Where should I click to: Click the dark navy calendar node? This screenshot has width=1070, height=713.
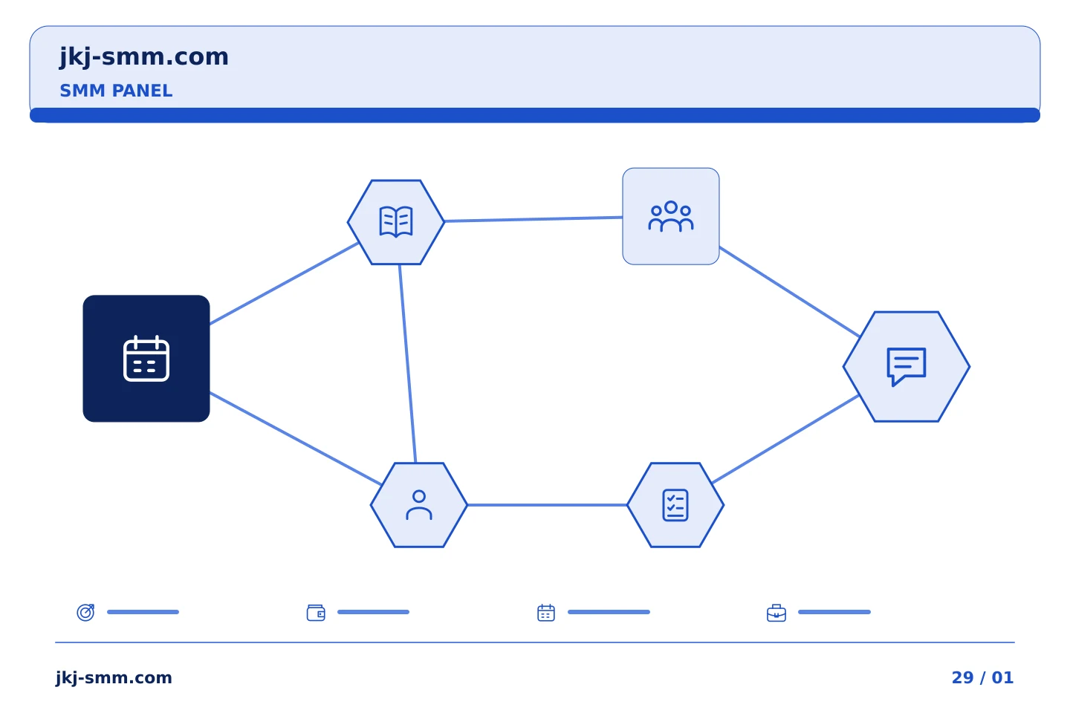146,359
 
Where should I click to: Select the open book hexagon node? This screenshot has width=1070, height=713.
396,222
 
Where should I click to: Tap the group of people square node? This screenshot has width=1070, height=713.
671,216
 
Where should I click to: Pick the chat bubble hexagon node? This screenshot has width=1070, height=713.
907,367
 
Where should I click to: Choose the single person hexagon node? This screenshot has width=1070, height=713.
419,505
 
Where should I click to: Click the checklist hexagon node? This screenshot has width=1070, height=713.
675,505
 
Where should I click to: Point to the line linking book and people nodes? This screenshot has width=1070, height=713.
534,219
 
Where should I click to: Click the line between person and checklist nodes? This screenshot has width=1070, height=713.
548,505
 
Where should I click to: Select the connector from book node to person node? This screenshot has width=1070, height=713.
407,363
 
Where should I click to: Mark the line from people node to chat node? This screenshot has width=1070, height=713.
790,292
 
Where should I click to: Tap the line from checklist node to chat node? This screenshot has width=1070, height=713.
786,439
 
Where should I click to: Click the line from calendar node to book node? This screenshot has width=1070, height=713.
284,284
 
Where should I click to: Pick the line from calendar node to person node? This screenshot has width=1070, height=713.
295,439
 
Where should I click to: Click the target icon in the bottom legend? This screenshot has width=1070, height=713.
85,612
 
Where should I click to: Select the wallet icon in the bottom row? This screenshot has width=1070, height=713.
316,612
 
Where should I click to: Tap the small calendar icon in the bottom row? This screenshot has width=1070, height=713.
546,612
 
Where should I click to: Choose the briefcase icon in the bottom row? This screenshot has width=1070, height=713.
776,613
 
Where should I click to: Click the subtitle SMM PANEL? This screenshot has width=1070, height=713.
116,91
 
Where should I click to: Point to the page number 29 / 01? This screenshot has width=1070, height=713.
982,677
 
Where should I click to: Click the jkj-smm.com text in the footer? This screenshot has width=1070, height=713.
114,677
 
